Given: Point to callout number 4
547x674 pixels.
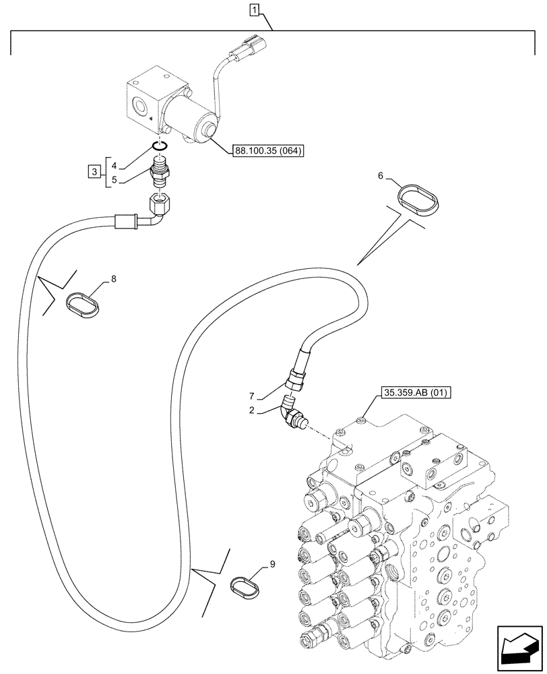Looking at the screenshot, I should [115, 165].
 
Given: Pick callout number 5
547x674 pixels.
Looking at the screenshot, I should [115, 181].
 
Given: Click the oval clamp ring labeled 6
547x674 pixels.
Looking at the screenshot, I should [418, 200].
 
